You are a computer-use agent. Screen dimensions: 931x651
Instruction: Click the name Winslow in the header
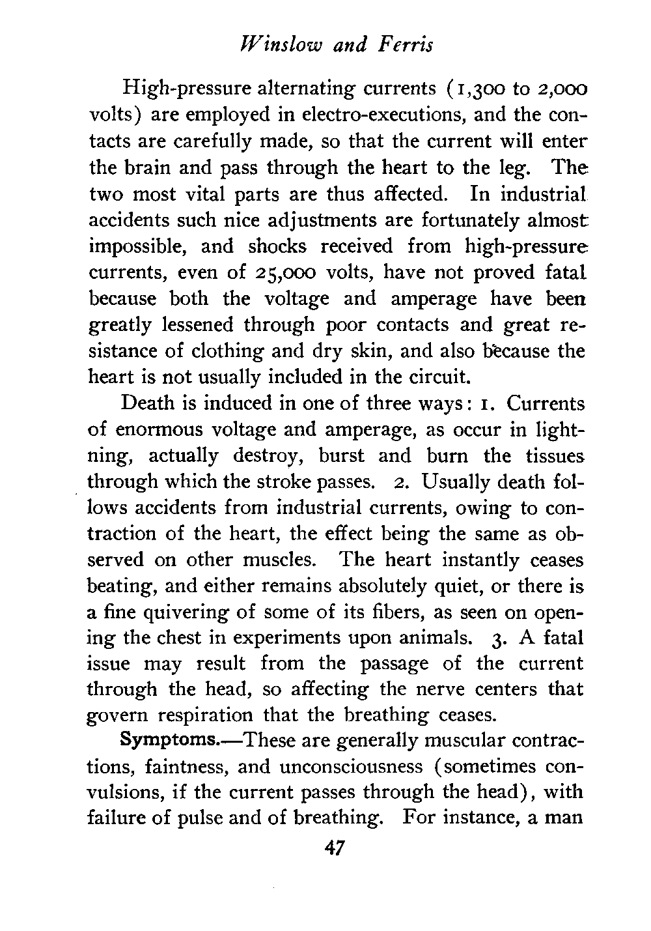(x=270, y=44)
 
